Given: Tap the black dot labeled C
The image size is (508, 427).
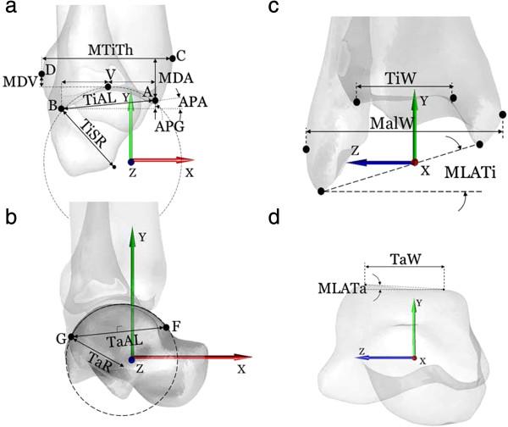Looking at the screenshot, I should point(173,58).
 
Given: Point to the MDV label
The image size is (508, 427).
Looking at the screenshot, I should point(18,83).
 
